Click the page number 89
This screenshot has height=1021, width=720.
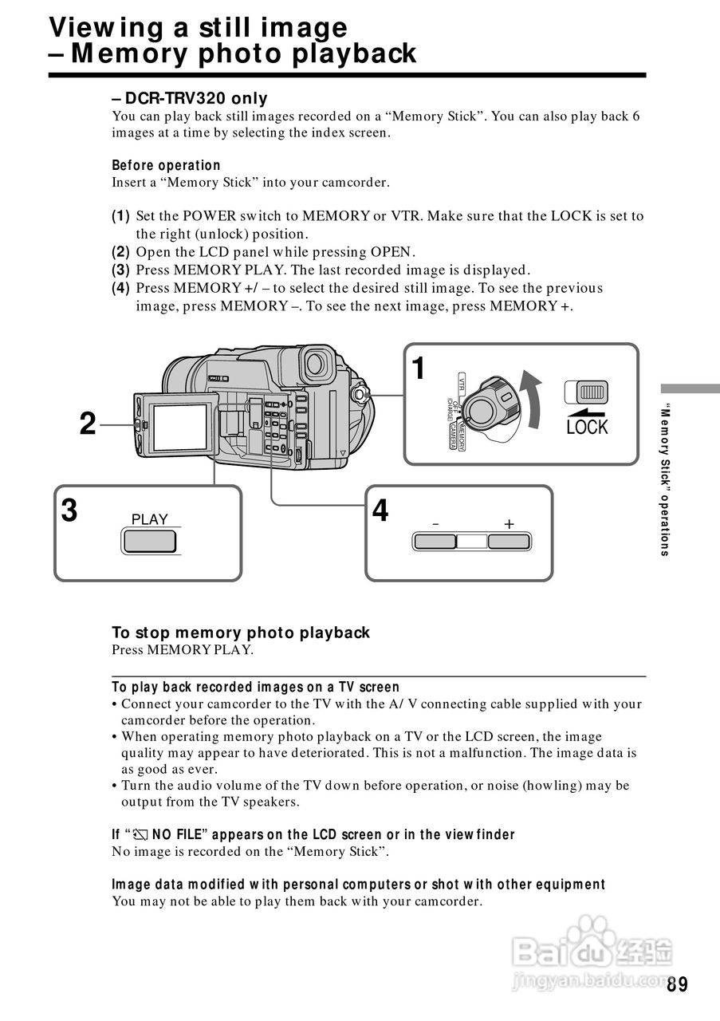(x=677, y=984)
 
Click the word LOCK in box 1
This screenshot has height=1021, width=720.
(x=587, y=428)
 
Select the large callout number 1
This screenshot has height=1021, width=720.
(x=419, y=369)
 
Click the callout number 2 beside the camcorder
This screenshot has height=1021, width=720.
(x=88, y=424)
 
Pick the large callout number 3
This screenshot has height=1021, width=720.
(x=70, y=510)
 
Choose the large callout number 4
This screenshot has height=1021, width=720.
(x=381, y=510)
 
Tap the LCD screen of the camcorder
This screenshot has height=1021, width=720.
(x=180, y=428)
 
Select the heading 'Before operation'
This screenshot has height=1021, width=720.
(x=166, y=165)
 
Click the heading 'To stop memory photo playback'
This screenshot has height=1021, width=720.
(x=241, y=633)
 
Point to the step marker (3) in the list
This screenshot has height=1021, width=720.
(x=120, y=270)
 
